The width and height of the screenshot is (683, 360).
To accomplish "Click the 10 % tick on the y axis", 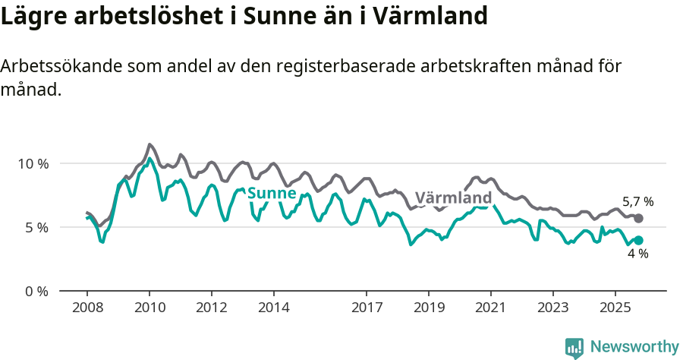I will coord(33,164).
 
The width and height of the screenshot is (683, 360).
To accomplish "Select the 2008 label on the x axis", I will coord(87,308).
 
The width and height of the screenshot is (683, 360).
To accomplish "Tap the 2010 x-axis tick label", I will coord(150,308).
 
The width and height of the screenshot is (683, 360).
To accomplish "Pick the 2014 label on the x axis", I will coord(274,308).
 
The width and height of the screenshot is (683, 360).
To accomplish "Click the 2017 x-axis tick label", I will coord(367,308).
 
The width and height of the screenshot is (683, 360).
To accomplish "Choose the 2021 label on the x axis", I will coord(491,308).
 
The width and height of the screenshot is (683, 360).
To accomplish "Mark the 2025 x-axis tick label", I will coord(615,308).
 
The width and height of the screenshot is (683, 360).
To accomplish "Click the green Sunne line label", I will coord(271,193).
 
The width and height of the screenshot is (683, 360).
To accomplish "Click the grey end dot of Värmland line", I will coord(638,218).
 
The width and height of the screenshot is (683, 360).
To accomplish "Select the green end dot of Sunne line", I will coord(638,240).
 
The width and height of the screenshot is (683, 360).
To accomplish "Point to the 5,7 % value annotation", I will coord(637,202).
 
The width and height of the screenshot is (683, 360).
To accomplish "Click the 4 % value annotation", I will coord(637,254).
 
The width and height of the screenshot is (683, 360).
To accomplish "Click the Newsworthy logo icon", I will coord(574,347).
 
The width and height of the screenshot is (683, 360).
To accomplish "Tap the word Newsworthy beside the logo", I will coord(634,347).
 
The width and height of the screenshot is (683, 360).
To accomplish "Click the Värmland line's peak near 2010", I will coord(150,144).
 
